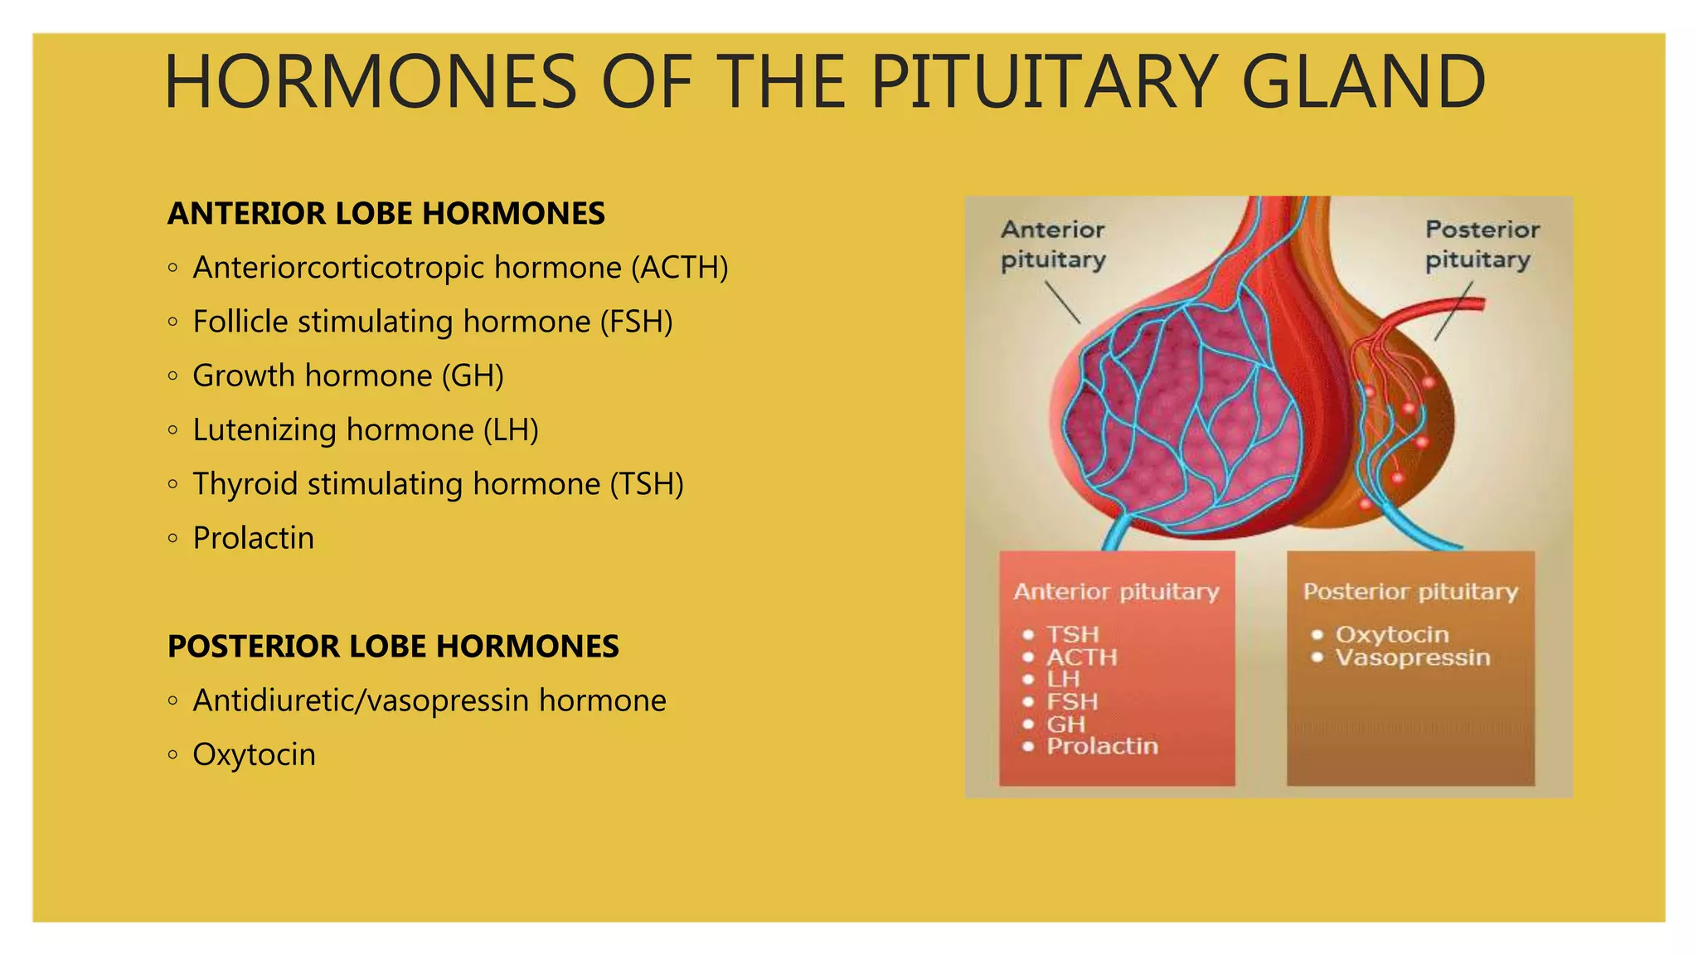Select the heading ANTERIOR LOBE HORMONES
(x=386, y=214)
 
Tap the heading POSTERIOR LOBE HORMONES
(x=393, y=647)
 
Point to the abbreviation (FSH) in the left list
(x=636, y=322)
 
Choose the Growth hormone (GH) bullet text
(x=348, y=376)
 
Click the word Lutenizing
(x=264, y=430)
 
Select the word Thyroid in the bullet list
(x=245, y=484)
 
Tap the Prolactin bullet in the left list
(x=254, y=538)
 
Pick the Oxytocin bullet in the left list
(x=255, y=755)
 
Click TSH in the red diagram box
(x=1072, y=634)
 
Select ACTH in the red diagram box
(x=1082, y=657)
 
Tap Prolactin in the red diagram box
(x=1102, y=746)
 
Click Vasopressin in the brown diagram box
(x=1413, y=657)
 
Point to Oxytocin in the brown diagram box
(x=1392, y=634)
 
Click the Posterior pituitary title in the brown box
(x=1410, y=591)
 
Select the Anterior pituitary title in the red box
(x=1116, y=591)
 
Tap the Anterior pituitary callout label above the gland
(x=1053, y=245)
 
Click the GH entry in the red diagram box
(x=1065, y=724)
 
